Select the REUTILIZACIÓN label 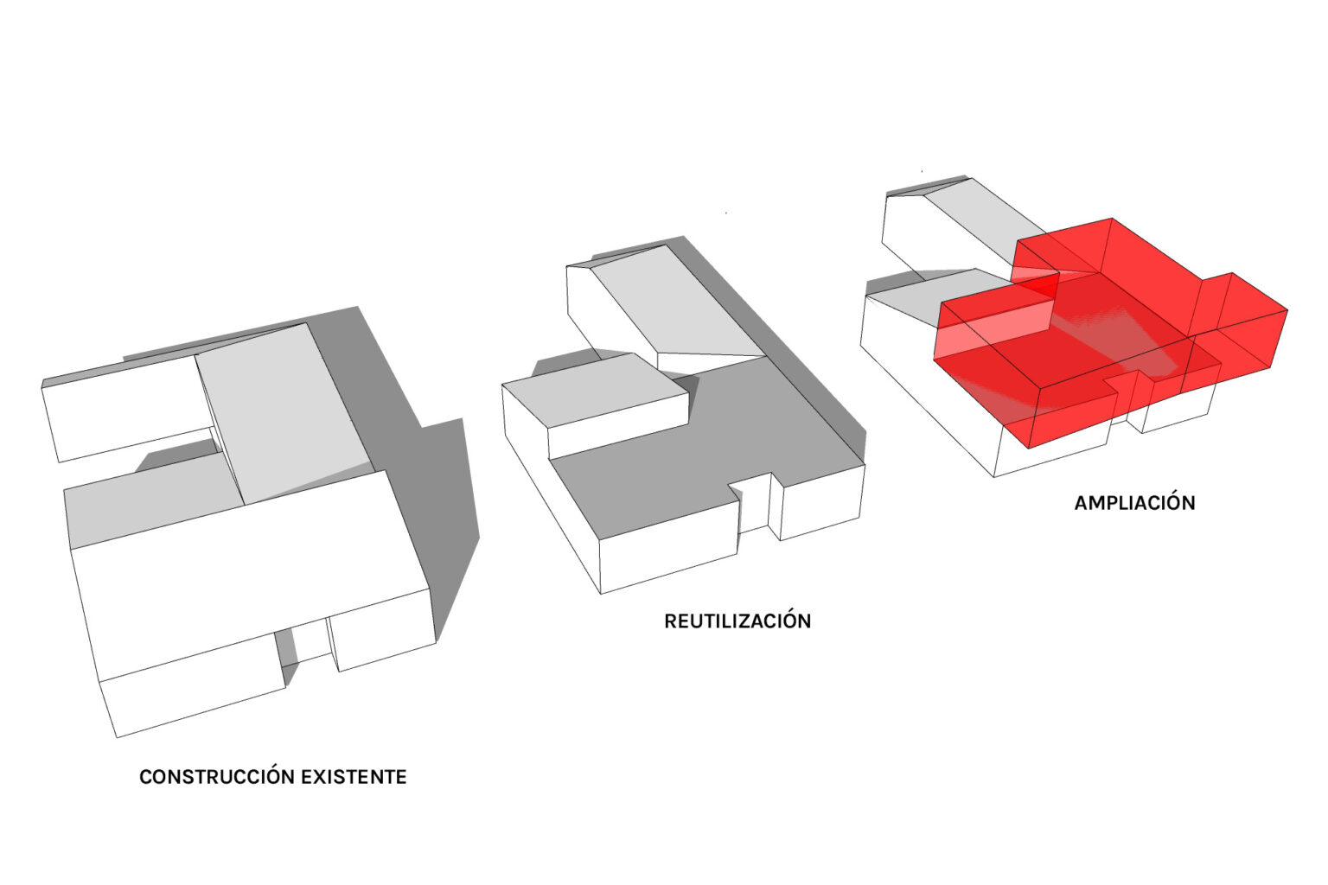point(737,621)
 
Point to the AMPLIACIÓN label point(1134,503)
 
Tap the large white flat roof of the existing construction point(249,575)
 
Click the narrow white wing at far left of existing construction point(127,408)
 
